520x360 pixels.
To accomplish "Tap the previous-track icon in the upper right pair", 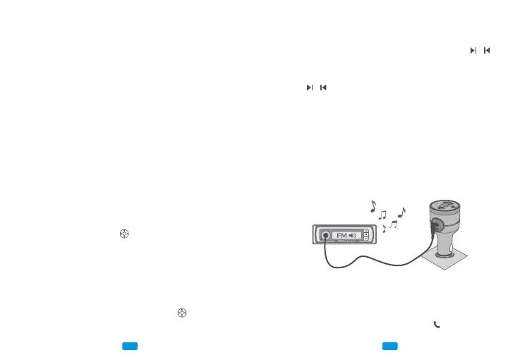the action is point(487,51).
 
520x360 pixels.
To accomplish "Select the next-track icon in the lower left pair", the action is point(309,88).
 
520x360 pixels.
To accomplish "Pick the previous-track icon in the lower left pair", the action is point(323,88).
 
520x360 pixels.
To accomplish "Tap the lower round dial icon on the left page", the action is point(182,312).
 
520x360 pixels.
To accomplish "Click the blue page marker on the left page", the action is point(129,346).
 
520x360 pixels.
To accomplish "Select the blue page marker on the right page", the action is point(390,346).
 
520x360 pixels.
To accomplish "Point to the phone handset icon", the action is point(437,325).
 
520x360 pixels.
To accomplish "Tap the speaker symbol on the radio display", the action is point(354,236).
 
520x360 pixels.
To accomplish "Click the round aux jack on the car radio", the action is point(325,236).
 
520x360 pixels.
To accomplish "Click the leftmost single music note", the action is point(373,207).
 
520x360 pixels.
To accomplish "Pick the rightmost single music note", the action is point(401,211).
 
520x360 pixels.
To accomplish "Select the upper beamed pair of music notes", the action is point(383,213).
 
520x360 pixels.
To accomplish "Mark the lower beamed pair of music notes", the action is point(393,224).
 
